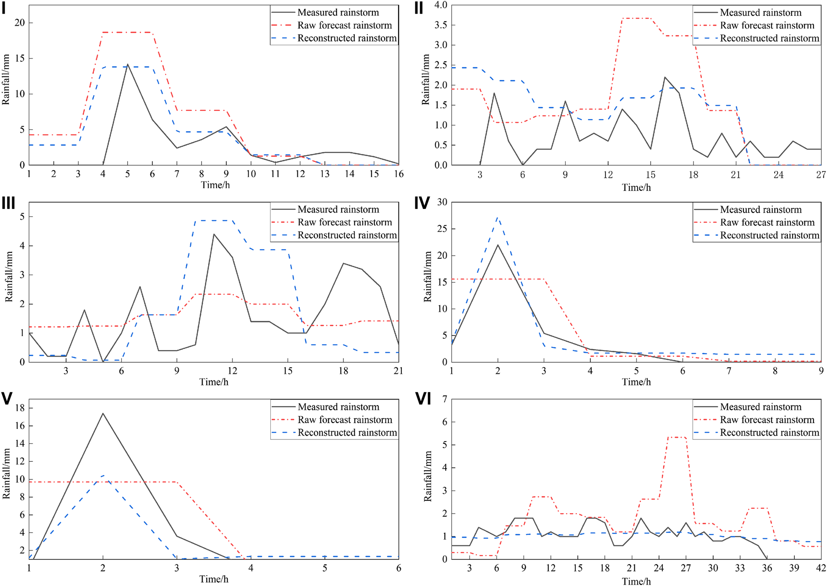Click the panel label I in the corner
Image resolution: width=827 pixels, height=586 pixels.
click(4, 8)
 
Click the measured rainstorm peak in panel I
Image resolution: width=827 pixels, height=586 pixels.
click(127, 64)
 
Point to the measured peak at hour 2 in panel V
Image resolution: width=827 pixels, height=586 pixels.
click(103, 413)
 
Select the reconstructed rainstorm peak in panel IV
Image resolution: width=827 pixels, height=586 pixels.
click(498, 217)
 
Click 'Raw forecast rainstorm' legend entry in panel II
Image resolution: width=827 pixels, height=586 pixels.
click(767, 25)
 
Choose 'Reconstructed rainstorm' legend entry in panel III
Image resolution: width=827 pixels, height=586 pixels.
click(347, 235)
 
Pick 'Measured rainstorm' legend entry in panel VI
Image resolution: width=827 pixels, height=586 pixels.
click(760, 407)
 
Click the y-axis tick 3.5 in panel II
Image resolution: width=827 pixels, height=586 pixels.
click(441, 25)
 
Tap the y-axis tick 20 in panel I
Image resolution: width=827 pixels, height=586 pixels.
click(20, 23)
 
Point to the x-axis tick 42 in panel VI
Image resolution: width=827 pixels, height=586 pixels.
click(821, 568)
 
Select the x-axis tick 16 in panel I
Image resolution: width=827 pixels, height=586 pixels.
click(399, 174)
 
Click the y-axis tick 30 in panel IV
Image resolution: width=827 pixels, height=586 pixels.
click(442, 202)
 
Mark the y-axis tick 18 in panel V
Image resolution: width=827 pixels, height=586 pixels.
click(20, 408)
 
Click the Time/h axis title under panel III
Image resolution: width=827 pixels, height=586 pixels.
click(214, 382)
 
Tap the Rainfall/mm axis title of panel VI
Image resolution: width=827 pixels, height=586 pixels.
click(428, 476)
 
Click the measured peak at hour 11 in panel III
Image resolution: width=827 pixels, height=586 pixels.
click(214, 234)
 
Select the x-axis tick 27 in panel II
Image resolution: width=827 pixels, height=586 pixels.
click(821, 175)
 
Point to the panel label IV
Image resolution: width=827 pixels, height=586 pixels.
click(422, 203)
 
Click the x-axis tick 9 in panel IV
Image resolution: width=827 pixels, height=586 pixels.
click(821, 371)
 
